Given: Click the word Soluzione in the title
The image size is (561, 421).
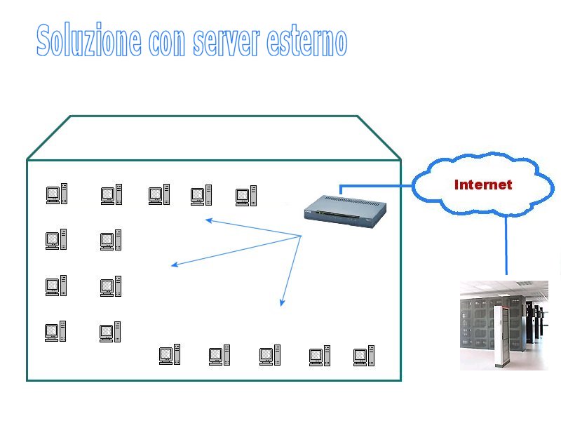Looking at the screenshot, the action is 89,39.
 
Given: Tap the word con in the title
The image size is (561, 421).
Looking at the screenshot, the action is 167,43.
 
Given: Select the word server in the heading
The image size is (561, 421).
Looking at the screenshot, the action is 226,42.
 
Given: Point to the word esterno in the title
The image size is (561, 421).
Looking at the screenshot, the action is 306,41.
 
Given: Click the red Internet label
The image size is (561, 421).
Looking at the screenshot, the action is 483,185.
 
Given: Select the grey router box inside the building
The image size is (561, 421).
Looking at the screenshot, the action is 345,211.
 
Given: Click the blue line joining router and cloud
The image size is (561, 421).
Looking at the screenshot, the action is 376,186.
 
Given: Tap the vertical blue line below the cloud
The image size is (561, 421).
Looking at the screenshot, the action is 506,245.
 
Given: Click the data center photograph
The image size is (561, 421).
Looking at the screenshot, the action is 504,326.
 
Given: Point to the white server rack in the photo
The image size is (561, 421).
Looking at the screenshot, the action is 501,336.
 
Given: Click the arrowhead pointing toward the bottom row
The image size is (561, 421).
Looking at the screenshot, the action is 283,302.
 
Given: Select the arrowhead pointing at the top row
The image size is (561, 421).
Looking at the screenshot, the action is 209,221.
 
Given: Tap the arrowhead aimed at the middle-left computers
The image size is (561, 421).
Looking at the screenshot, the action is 175,265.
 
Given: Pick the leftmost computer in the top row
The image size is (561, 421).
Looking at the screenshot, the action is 57,194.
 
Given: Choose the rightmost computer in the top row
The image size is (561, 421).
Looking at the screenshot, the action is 246,196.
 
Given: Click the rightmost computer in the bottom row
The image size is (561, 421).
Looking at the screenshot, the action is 364,356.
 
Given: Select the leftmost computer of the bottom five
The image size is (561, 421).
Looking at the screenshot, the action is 170,354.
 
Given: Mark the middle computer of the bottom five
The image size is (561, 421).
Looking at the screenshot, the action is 270,355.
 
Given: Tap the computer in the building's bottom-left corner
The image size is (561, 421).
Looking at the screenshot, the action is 55,331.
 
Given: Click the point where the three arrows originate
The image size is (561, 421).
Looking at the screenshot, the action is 302,236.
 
